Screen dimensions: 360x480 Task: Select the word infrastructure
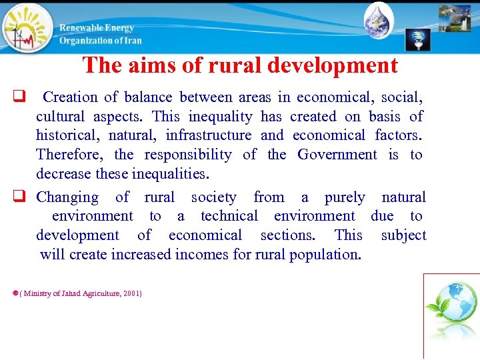pyautogui.click(x=209, y=135)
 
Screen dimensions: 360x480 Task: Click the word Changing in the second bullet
pyautogui.click(x=67, y=197)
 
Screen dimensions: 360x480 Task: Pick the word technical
pyautogui.click(x=229, y=216)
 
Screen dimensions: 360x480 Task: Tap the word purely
pyautogui.click(x=345, y=197)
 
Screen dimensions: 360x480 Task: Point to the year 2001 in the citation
pyautogui.click(x=130, y=293)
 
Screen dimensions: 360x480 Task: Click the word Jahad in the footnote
pyautogui.click(x=67, y=293)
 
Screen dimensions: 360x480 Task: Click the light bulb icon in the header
pyautogui.click(x=418, y=40)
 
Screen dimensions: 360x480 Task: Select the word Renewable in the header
pyautogui.click(x=80, y=28)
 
